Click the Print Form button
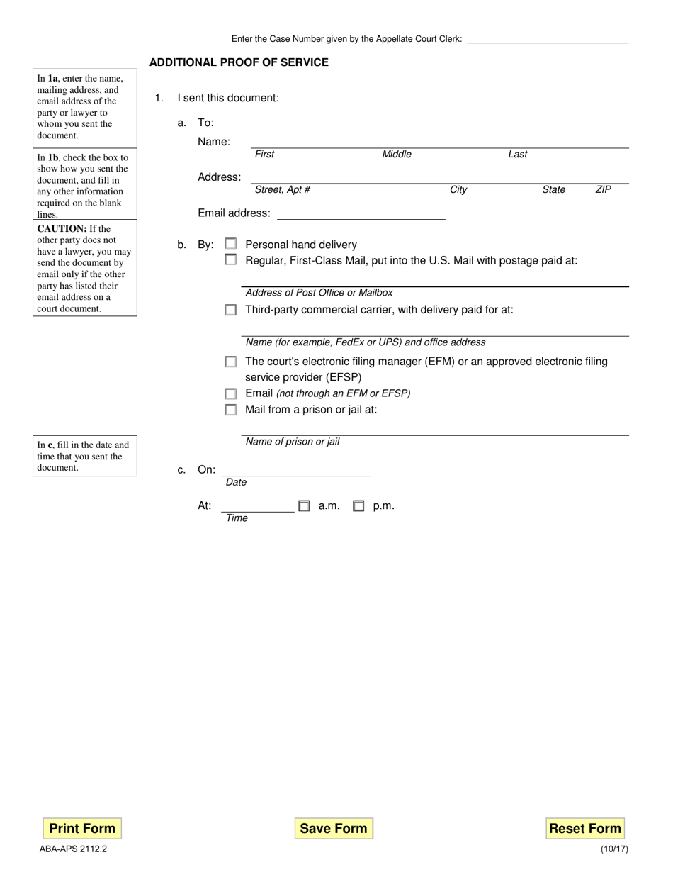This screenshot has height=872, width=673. [82, 828]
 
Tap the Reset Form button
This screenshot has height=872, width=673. [585, 828]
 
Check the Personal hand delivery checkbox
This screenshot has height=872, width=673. [231, 244]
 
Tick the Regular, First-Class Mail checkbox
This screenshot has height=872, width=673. [231, 260]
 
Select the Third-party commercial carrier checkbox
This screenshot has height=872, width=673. [231, 310]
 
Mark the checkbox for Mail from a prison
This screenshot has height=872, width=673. [231, 410]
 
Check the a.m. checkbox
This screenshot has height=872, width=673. [304, 506]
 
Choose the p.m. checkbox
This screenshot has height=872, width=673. [358, 506]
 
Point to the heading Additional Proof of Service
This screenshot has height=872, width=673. [239, 62]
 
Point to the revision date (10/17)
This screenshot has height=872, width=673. [613, 848]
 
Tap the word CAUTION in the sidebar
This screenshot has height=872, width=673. [61, 229]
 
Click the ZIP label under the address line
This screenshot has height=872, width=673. [603, 190]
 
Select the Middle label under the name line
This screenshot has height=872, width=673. [397, 155]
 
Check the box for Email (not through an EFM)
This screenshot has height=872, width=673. [231, 393]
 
